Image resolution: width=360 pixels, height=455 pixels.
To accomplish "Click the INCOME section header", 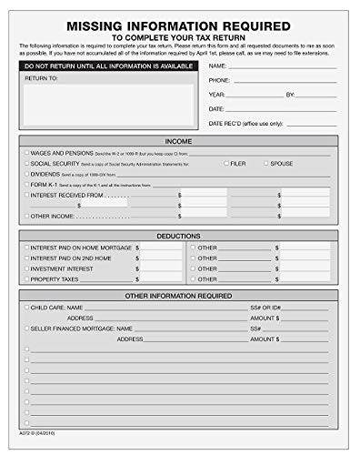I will point(179,141).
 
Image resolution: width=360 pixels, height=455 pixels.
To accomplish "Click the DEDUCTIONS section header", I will point(179,235).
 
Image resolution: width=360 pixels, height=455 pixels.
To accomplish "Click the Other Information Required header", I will point(179,296).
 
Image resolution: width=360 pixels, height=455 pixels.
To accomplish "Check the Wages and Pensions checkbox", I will point(26,153).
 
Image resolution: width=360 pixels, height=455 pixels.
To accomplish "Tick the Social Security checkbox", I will point(26,163).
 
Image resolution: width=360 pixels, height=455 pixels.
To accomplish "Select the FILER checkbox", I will point(226,163).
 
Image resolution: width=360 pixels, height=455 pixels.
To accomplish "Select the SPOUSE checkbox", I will point(266,163).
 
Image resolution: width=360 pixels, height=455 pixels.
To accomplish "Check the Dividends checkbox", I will point(26,173).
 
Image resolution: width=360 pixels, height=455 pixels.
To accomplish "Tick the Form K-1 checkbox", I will point(26,184).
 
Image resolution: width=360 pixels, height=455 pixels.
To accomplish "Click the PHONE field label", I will point(218,80).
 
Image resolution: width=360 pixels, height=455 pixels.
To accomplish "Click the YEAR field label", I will point(216,95).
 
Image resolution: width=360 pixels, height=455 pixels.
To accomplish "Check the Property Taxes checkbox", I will point(26,279).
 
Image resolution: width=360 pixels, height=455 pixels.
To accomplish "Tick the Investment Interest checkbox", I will point(26,268).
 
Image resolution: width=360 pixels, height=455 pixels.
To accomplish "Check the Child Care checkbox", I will point(26,308).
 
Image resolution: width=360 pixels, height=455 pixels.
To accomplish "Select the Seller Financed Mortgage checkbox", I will point(26,328).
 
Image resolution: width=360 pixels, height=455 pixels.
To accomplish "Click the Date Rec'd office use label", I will point(246,123).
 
